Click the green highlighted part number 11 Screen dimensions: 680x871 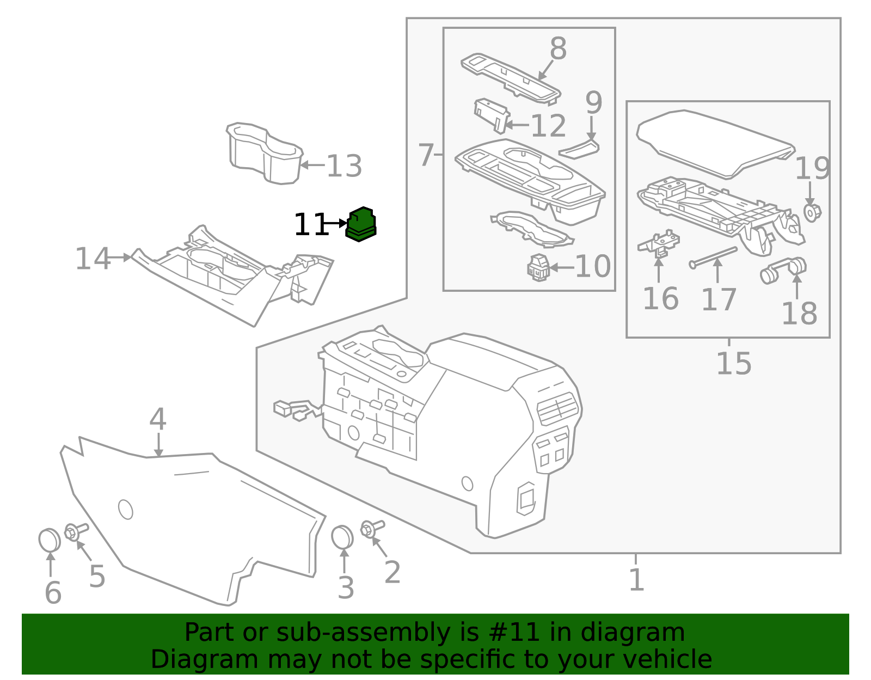click(360, 224)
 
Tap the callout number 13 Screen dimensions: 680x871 click(344, 166)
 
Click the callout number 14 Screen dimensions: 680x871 click(92, 259)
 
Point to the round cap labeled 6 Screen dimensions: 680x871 click(49, 540)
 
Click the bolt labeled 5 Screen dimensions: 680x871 click(75, 531)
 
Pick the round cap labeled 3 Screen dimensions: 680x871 click(342, 537)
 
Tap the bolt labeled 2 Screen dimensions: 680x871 click(371, 528)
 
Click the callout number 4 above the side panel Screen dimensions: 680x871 click(157, 419)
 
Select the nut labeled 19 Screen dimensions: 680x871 click(812, 212)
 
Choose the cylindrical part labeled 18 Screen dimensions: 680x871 click(783, 270)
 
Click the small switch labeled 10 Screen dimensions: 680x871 click(539, 267)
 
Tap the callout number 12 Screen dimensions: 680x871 click(548, 126)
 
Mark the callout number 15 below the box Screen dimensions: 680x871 click(733, 364)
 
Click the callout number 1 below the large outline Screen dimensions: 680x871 click(636, 580)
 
